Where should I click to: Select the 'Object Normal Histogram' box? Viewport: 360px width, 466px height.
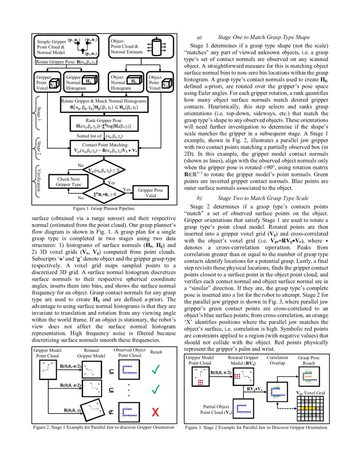(125, 83)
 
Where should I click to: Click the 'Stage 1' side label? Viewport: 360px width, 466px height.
(39, 114)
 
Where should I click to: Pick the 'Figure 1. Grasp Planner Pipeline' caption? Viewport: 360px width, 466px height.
(104, 208)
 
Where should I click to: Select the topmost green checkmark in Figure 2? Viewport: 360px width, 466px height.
(155, 370)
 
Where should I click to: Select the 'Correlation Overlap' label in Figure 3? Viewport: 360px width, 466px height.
(277, 361)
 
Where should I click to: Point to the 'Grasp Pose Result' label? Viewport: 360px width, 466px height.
(309, 361)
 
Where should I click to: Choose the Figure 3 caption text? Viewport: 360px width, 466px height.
(256, 427)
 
